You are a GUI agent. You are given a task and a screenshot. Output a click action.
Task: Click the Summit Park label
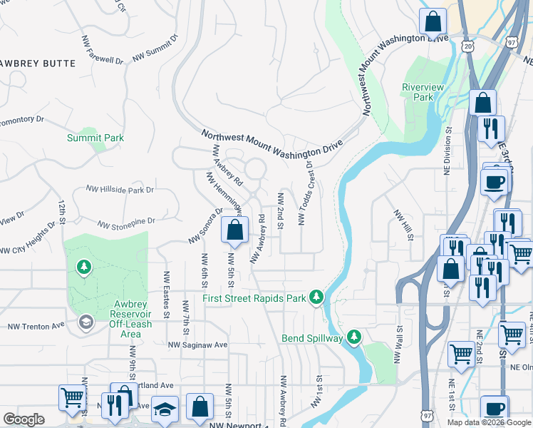[95, 138]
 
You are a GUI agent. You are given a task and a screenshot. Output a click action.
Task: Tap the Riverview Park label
[423, 91]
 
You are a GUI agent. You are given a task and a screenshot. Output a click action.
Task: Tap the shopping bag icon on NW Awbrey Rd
[234, 230]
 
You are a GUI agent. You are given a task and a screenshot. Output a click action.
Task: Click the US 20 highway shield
[467, 46]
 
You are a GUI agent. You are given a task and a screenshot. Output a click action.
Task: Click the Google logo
[24, 419]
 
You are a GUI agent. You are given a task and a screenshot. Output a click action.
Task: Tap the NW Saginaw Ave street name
[197, 345]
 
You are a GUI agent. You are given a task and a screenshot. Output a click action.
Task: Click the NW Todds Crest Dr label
[306, 192]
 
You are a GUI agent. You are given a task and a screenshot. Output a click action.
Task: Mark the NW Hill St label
[403, 225]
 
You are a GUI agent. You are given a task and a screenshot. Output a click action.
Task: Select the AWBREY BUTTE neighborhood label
[37, 63]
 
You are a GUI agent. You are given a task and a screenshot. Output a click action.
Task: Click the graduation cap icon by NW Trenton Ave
[86, 323]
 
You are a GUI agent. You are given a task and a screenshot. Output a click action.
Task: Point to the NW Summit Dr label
[155, 49]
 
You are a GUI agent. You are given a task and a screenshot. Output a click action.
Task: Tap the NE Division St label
[448, 151]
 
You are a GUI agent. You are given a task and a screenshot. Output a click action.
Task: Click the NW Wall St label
[399, 345]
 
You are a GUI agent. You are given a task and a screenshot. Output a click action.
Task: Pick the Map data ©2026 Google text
[488, 422]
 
